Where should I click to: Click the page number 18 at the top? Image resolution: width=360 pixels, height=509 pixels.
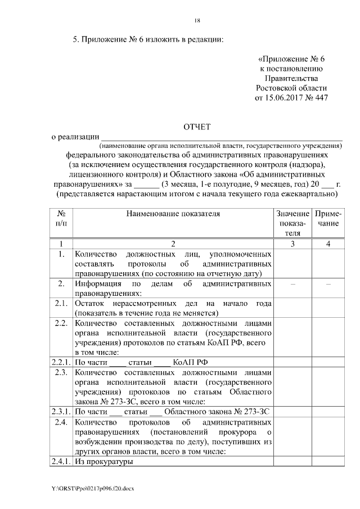pyautogui.click(x=197, y=21)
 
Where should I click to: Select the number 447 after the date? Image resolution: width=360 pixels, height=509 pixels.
pyautogui.click(x=319, y=98)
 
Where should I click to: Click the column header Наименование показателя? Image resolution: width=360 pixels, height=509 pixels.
pyautogui.click(x=173, y=214)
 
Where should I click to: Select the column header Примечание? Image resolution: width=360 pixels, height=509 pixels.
pyautogui.click(x=326, y=219)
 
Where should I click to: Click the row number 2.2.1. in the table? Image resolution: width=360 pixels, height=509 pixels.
pyautogui.click(x=60, y=362)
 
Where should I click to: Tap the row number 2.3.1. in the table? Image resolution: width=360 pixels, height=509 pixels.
pyautogui.click(x=60, y=411)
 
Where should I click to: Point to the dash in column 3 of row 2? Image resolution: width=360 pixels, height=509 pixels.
pyautogui.click(x=291, y=284)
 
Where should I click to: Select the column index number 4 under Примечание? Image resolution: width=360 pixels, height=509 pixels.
pyautogui.click(x=326, y=244)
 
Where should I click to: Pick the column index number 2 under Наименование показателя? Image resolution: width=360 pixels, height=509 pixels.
pyautogui.click(x=173, y=244)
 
